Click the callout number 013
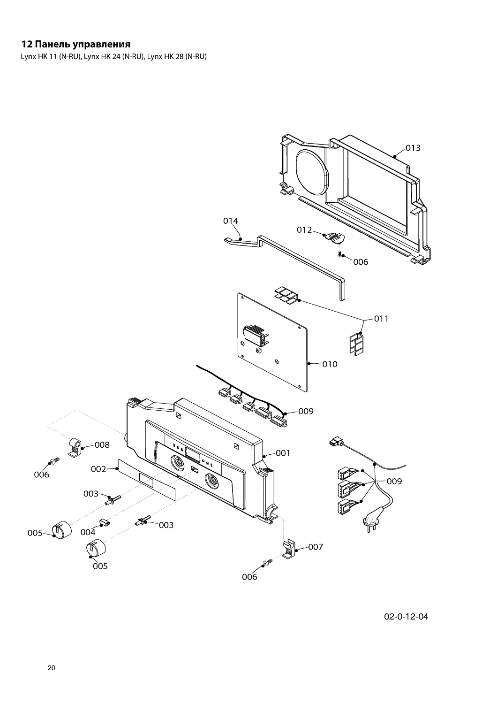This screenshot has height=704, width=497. (x=413, y=148)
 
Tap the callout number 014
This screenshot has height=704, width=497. (x=230, y=221)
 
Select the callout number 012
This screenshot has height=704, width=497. (x=304, y=230)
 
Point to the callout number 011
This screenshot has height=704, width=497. (x=381, y=319)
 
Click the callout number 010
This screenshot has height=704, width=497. (x=330, y=364)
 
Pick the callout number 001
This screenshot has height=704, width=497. (x=283, y=453)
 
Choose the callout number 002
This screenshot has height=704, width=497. (x=98, y=468)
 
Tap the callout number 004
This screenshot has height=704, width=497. (x=88, y=532)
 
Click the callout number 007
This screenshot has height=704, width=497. (x=316, y=547)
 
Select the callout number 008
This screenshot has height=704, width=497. (x=102, y=444)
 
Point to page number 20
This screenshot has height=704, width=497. (x=52, y=668)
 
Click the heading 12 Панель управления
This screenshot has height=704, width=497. (x=75, y=45)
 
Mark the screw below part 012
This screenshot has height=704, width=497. (x=339, y=254)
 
